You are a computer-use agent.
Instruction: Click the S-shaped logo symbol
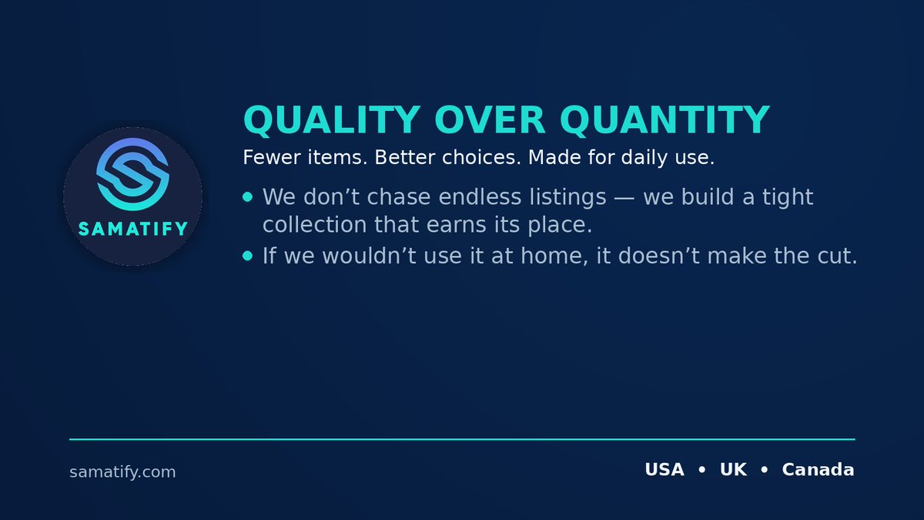[132, 175]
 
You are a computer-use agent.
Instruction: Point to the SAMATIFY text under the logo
[132, 229]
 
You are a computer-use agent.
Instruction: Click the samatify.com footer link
[122, 471]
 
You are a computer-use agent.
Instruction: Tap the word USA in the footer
[664, 469]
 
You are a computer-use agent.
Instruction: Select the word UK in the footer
[733, 469]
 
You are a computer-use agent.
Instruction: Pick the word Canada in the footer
[818, 469]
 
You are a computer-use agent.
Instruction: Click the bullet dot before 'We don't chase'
[247, 197]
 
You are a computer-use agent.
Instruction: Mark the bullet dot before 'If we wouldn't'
[247, 256]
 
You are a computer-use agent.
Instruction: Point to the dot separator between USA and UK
[701, 470]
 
